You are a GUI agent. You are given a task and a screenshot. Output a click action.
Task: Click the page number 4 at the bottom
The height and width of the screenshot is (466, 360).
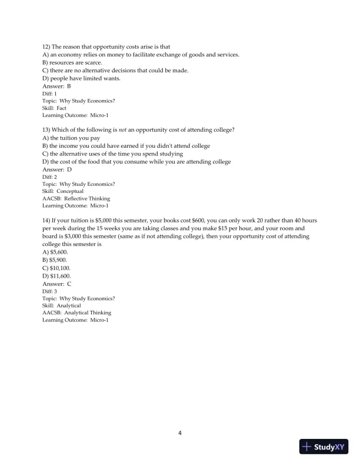180,434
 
